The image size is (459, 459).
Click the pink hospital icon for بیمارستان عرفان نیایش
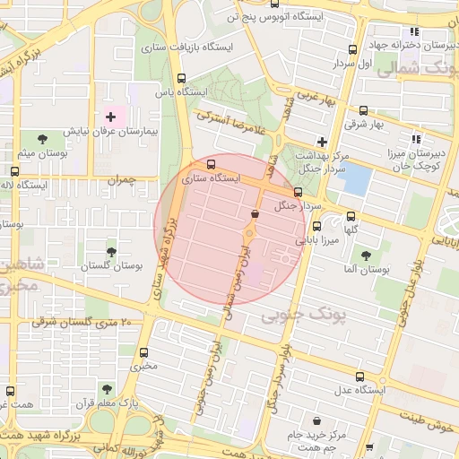[x=112, y=117]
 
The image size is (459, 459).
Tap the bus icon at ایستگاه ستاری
[x=212, y=165]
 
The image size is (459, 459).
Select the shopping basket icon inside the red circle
[x=256, y=214]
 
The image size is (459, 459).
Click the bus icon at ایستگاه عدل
[x=360, y=377]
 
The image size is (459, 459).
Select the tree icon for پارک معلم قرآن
[x=107, y=389]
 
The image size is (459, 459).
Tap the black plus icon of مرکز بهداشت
[x=322, y=142]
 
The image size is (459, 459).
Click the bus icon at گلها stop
[x=351, y=216]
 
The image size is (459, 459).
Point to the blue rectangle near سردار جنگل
[x=357, y=180]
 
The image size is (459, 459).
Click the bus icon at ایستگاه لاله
[x=15, y=170]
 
